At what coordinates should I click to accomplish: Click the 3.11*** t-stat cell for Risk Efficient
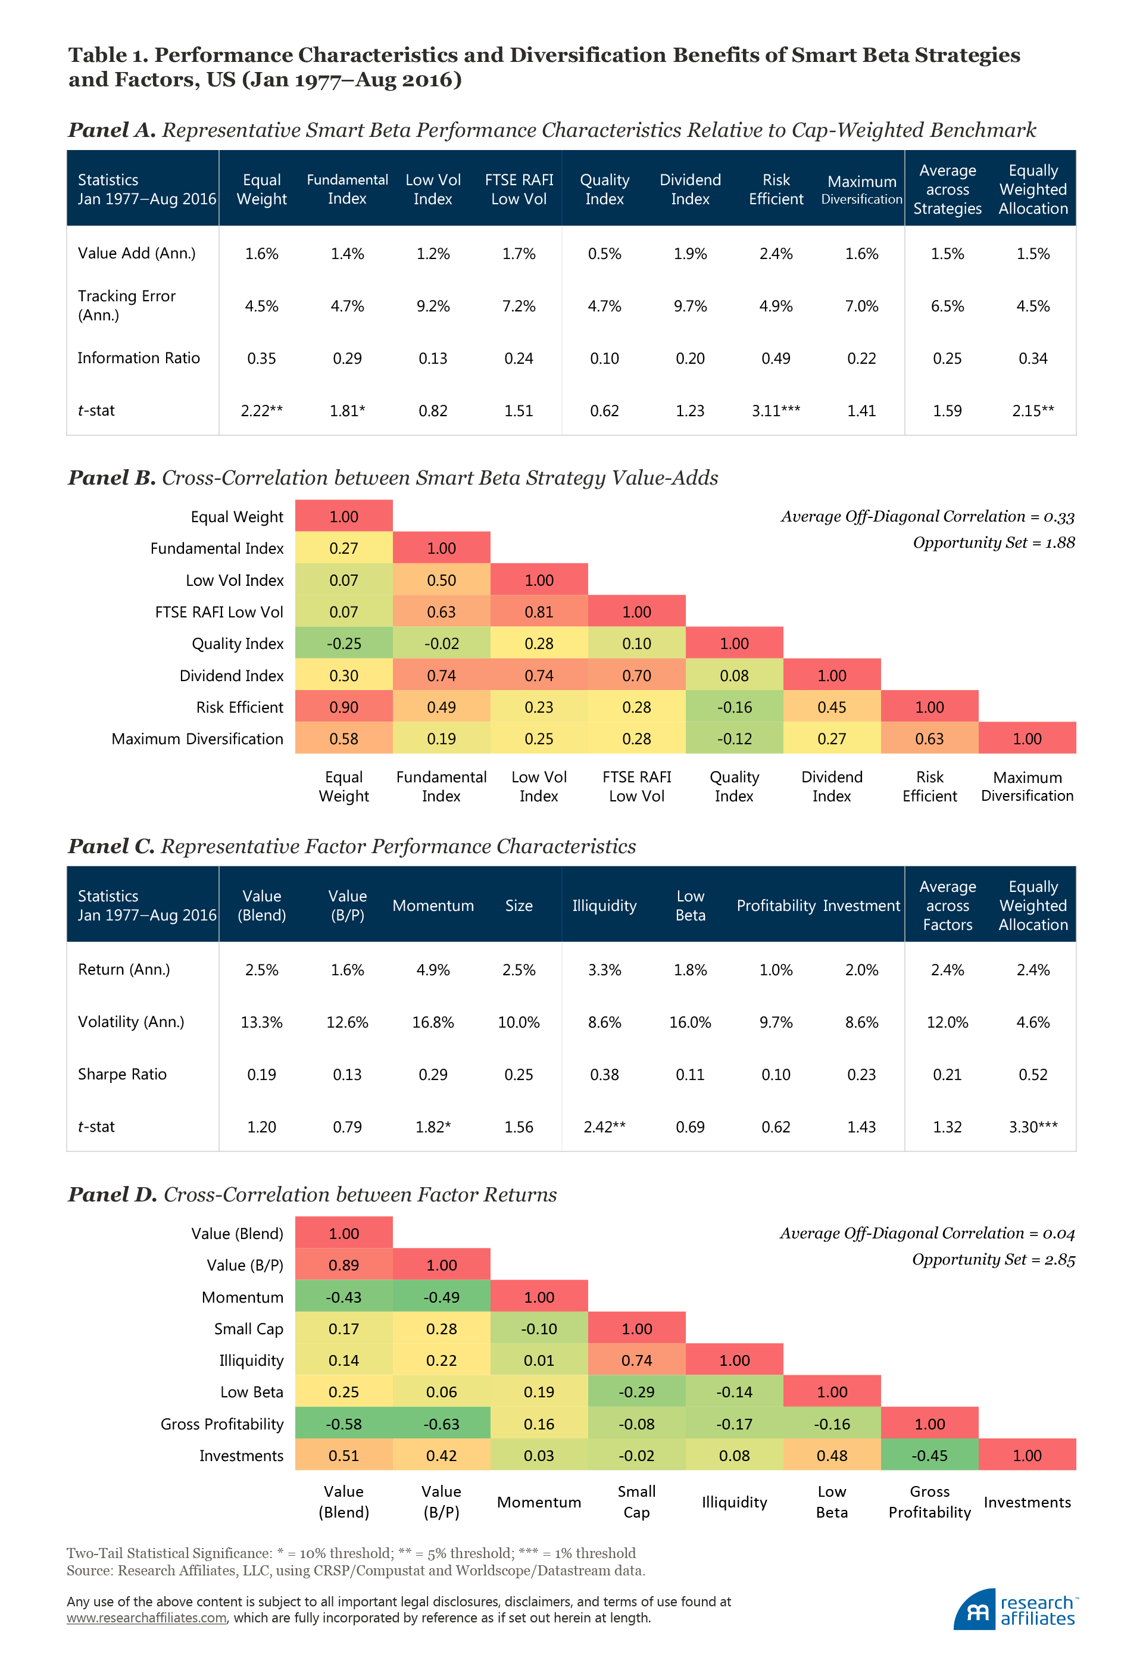(775, 410)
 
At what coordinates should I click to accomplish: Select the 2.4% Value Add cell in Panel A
(775, 254)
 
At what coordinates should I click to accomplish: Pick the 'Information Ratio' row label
(138, 358)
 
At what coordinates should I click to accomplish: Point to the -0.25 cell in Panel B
(343, 644)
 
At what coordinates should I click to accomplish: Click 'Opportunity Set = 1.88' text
(994, 543)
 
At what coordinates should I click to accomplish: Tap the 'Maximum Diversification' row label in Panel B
(197, 739)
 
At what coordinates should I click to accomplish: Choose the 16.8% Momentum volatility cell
(433, 1022)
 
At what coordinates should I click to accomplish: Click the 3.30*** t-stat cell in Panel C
(1032, 1126)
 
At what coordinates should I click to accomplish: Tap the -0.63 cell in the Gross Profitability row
(441, 1424)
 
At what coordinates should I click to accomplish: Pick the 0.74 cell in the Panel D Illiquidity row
(636, 1360)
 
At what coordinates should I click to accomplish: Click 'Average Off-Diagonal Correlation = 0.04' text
(927, 1233)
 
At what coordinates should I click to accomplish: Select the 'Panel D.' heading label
(111, 1194)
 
